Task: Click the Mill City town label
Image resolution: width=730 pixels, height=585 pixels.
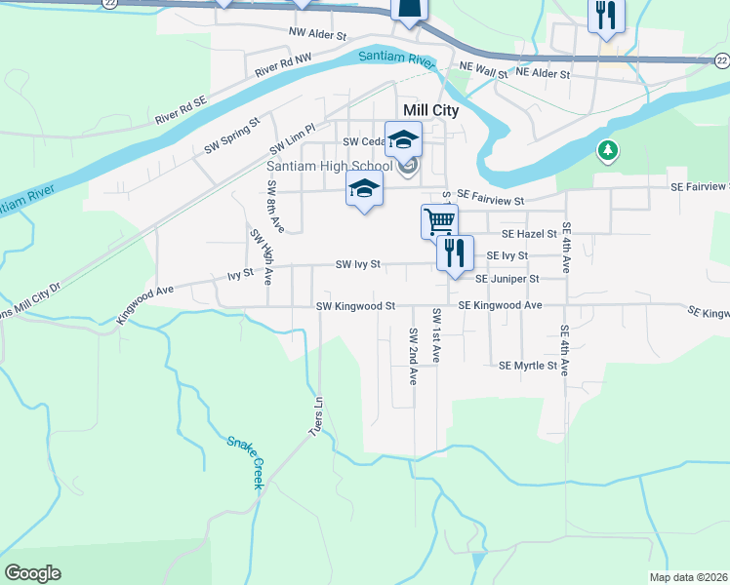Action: (x=430, y=111)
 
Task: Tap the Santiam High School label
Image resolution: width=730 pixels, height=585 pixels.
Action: (x=330, y=166)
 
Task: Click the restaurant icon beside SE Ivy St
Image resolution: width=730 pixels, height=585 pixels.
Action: (x=454, y=253)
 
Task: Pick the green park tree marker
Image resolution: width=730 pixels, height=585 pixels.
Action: (x=607, y=150)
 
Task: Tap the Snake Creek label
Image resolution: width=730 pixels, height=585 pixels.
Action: (x=246, y=461)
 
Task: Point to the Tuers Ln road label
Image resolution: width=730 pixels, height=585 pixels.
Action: (x=316, y=416)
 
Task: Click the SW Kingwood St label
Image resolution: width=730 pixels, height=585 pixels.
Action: (x=355, y=306)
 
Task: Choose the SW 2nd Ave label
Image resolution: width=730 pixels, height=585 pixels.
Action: (x=414, y=355)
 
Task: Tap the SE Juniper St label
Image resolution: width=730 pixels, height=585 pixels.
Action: (x=507, y=279)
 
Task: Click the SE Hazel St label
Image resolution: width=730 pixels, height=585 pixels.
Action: (x=528, y=234)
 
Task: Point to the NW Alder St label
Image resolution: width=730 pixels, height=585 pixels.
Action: (x=317, y=34)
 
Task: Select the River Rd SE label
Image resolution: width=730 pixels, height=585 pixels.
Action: (x=181, y=109)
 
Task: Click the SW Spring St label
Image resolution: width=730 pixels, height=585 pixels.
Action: (x=232, y=136)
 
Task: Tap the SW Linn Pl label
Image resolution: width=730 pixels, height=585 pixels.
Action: (x=293, y=142)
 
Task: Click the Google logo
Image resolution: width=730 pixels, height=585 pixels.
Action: (x=32, y=573)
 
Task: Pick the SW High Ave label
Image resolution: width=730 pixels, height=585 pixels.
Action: (x=260, y=256)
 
